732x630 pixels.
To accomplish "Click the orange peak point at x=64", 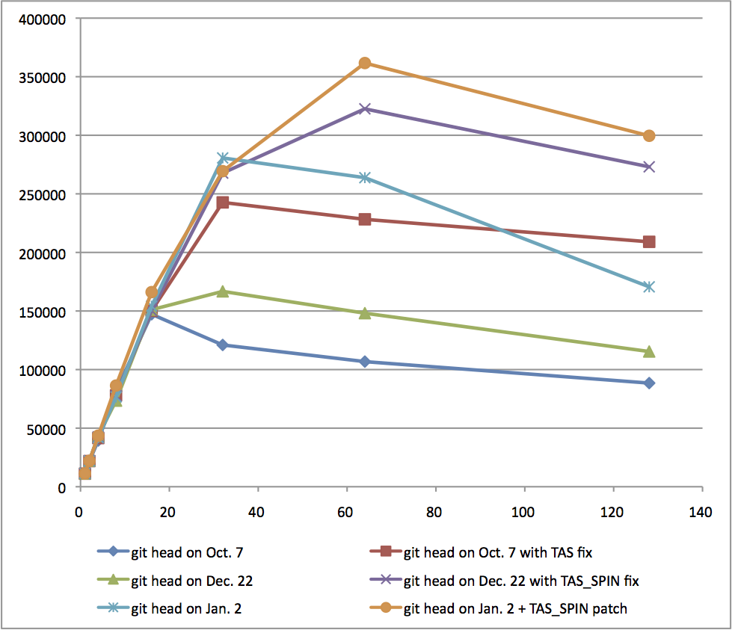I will tap(364, 63).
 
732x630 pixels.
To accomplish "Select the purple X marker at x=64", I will tap(364, 109).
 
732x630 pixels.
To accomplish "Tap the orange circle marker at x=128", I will tap(649, 136).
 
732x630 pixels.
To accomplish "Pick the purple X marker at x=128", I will tap(649, 167).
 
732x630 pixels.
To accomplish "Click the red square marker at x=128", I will tap(649, 241).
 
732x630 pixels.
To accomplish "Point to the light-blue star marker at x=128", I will tap(649, 287).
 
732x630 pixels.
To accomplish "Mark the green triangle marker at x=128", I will tap(649, 351).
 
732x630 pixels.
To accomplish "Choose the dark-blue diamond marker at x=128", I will tap(649, 383).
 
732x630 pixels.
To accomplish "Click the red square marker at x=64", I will tap(364, 219).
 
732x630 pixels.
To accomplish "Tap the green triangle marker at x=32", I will tap(222, 291).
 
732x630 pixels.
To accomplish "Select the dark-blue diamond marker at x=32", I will tap(222, 345).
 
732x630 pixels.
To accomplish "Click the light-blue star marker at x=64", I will tap(364, 178).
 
